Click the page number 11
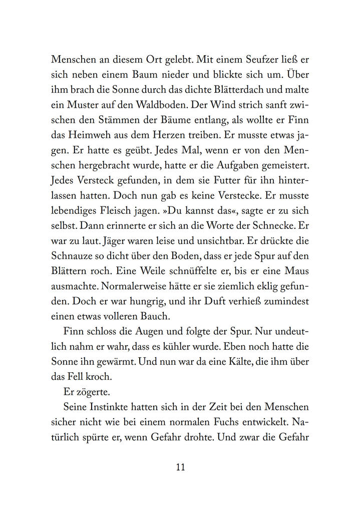[x=181, y=467]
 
